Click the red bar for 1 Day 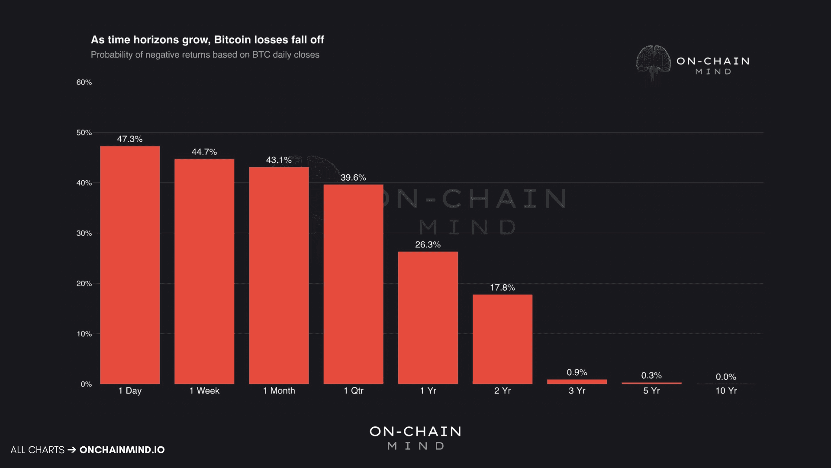pyautogui.click(x=130, y=265)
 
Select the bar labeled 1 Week pyautogui.click(x=204, y=271)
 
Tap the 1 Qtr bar pyautogui.click(x=353, y=284)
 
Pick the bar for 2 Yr pyautogui.click(x=502, y=339)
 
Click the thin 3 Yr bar pyautogui.click(x=577, y=382)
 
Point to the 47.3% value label pyautogui.click(x=130, y=139)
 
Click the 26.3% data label pyautogui.click(x=428, y=245)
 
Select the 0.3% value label pyautogui.click(x=651, y=376)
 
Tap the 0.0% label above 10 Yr pyautogui.click(x=725, y=377)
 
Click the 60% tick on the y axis pyautogui.click(x=84, y=82)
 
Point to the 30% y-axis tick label pyautogui.click(x=84, y=233)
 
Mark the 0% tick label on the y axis pyautogui.click(x=86, y=384)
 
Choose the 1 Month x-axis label pyautogui.click(x=279, y=391)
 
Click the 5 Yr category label pyautogui.click(x=651, y=391)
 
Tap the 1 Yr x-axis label pyautogui.click(x=428, y=391)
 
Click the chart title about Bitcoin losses pyautogui.click(x=207, y=40)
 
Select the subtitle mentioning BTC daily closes pyautogui.click(x=205, y=55)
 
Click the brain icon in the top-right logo pyautogui.click(x=653, y=63)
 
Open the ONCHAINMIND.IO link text pyautogui.click(x=122, y=450)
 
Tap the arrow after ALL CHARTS pyautogui.click(x=72, y=450)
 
